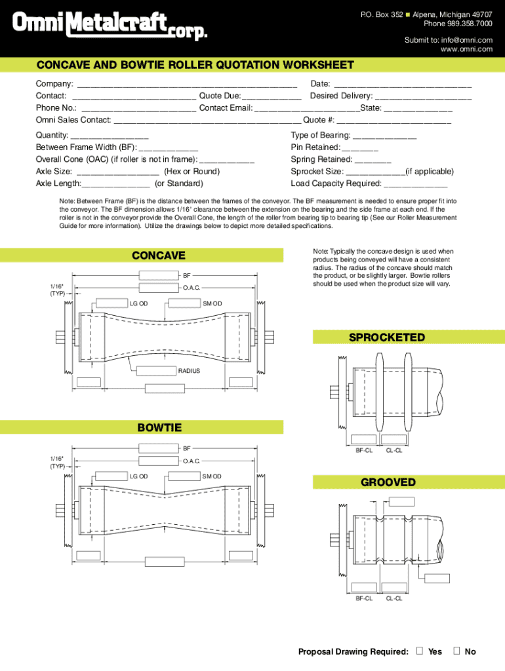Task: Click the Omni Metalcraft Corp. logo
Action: tap(110, 27)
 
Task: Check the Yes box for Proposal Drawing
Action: tap(419, 651)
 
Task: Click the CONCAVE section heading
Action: tap(159, 256)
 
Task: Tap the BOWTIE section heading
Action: tap(159, 428)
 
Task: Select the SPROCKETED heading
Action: tap(387, 337)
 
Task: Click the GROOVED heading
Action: tap(388, 482)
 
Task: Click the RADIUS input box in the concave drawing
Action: tap(157, 371)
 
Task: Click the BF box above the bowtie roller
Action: tap(159, 448)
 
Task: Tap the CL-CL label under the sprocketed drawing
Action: tap(394, 450)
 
